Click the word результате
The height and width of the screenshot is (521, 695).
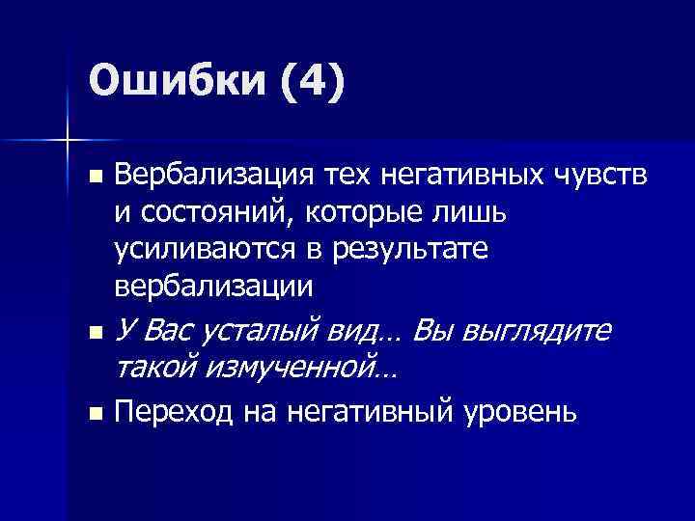[422, 249]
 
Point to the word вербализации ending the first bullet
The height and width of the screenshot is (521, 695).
[213, 286]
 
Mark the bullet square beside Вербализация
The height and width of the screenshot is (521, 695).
[94, 178]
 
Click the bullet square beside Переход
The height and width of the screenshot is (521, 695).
[94, 415]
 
